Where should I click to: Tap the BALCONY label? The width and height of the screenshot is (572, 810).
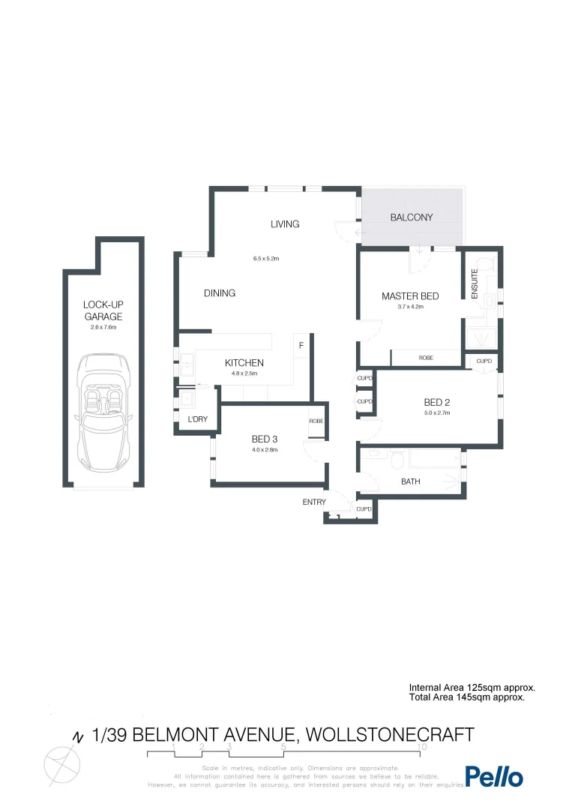click(x=412, y=217)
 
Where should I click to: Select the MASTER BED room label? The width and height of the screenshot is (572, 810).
click(x=410, y=296)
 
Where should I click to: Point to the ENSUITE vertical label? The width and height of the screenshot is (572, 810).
click(x=475, y=285)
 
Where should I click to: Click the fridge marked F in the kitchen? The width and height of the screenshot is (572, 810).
click(x=301, y=346)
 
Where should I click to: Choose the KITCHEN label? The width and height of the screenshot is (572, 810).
click(x=244, y=363)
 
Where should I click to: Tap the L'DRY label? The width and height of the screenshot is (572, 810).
click(x=198, y=419)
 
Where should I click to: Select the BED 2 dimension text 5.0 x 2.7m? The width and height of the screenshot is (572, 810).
click(x=436, y=413)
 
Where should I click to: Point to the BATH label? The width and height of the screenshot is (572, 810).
click(x=410, y=481)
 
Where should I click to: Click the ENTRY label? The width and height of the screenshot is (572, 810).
click(x=314, y=502)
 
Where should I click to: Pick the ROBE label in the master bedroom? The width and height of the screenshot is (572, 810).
click(x=426, y=358)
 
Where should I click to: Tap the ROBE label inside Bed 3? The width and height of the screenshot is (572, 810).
click(x=316, y=421)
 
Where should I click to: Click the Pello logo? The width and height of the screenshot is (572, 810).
click(x=494, y=777)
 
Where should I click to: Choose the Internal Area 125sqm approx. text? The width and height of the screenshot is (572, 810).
click(x=472, y=687)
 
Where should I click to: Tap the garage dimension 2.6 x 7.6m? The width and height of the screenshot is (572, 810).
click(x=103, y=328)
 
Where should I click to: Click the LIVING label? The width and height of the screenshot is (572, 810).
click(x=285, y=224)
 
